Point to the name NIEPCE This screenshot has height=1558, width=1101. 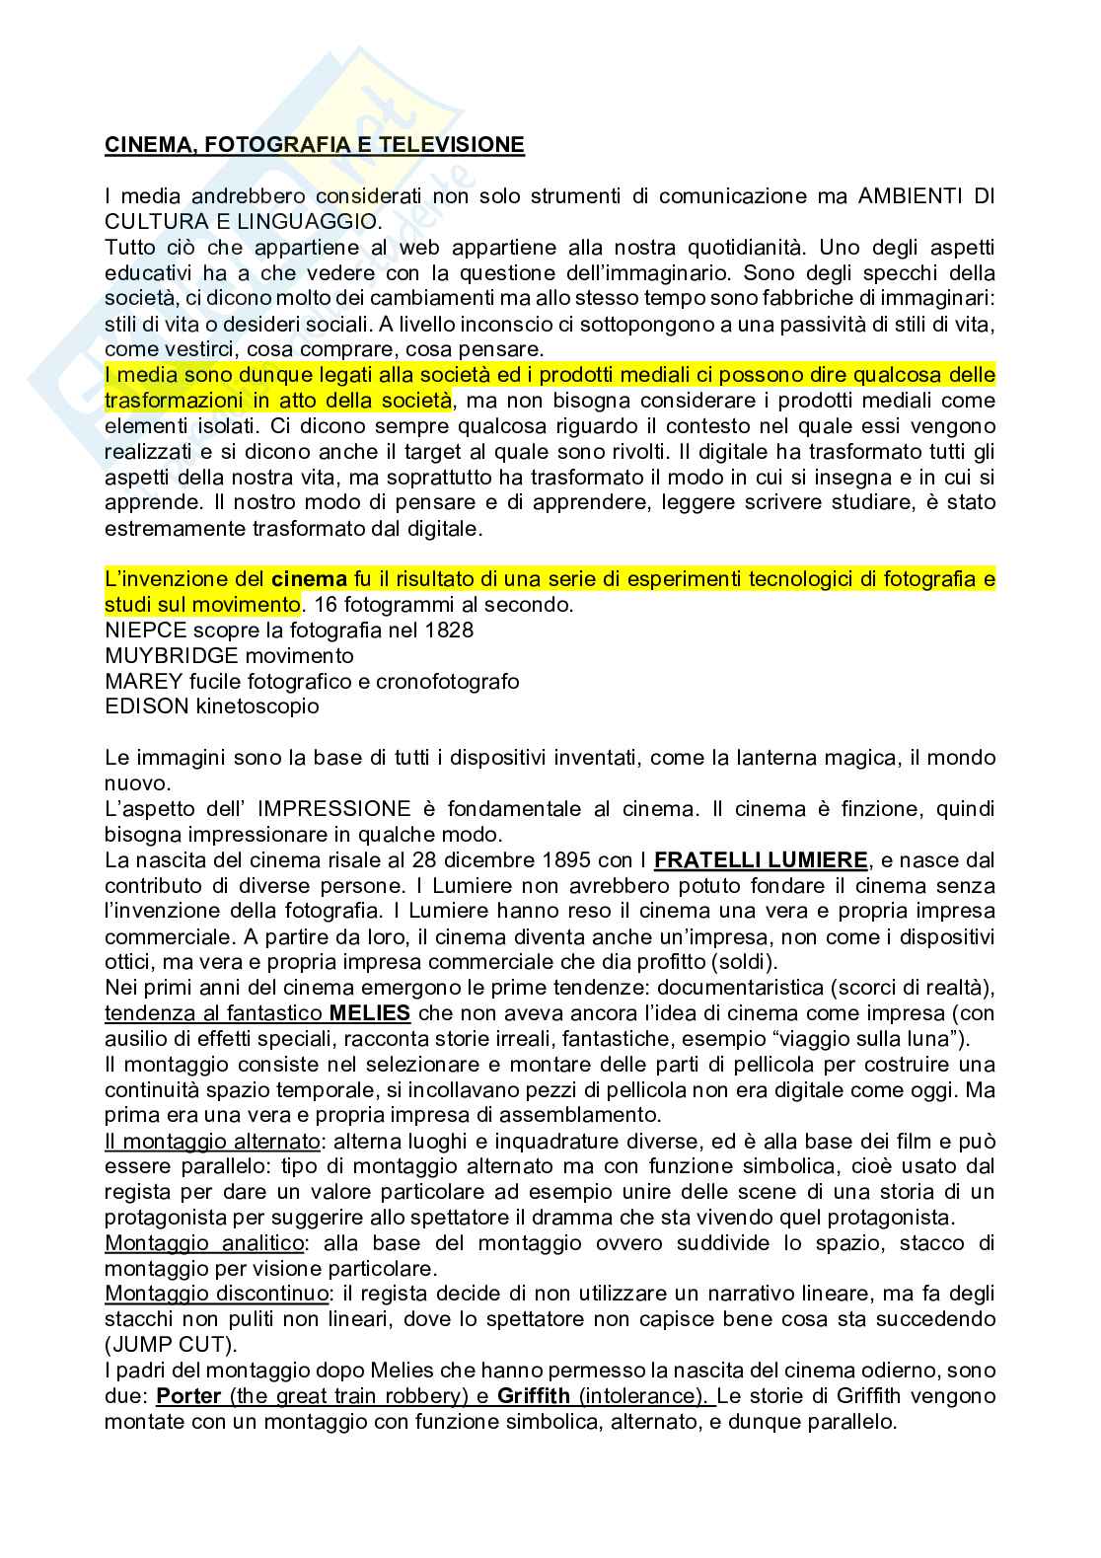pyautogui.click(x=140, y=630)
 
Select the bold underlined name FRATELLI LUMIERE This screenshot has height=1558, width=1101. pyautogui.click(x=761, y=860)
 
